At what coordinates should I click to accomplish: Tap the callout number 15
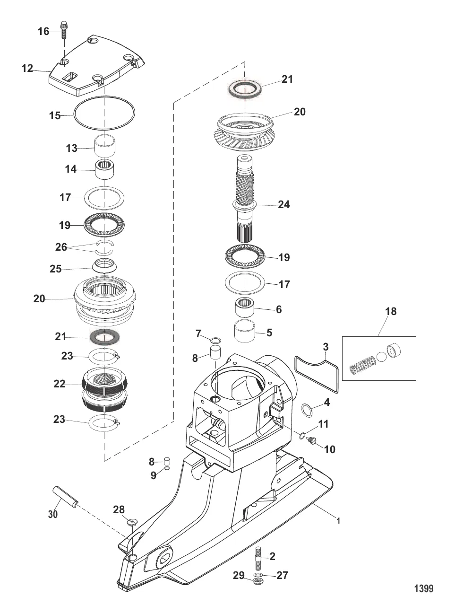point(55,115)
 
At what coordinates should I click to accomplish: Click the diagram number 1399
point(423,588)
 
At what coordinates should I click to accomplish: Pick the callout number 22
point(59,384)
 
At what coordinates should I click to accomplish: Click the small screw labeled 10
point(311,441)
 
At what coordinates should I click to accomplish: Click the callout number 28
point(119,509)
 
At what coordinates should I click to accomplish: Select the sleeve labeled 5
point(245,333)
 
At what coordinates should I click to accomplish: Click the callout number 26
point(61,247)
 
